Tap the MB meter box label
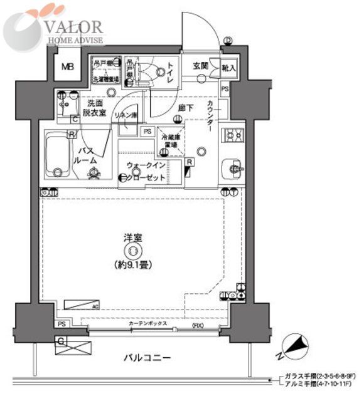click(x=66, y=68)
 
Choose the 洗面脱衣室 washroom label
click(x=95, y=107)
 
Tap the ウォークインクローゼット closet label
click(x=146, y=172)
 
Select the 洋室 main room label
click(x=132, y=239)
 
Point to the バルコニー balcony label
click(x=147, y=358)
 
